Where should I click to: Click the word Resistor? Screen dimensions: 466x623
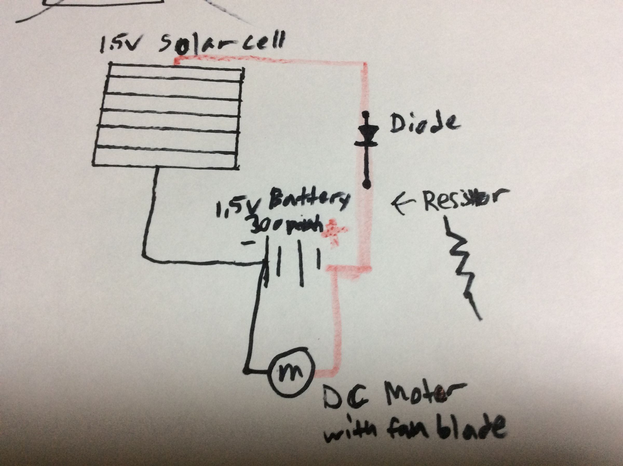tap(462, 201)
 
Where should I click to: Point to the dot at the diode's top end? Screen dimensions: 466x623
tap(366, 114)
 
